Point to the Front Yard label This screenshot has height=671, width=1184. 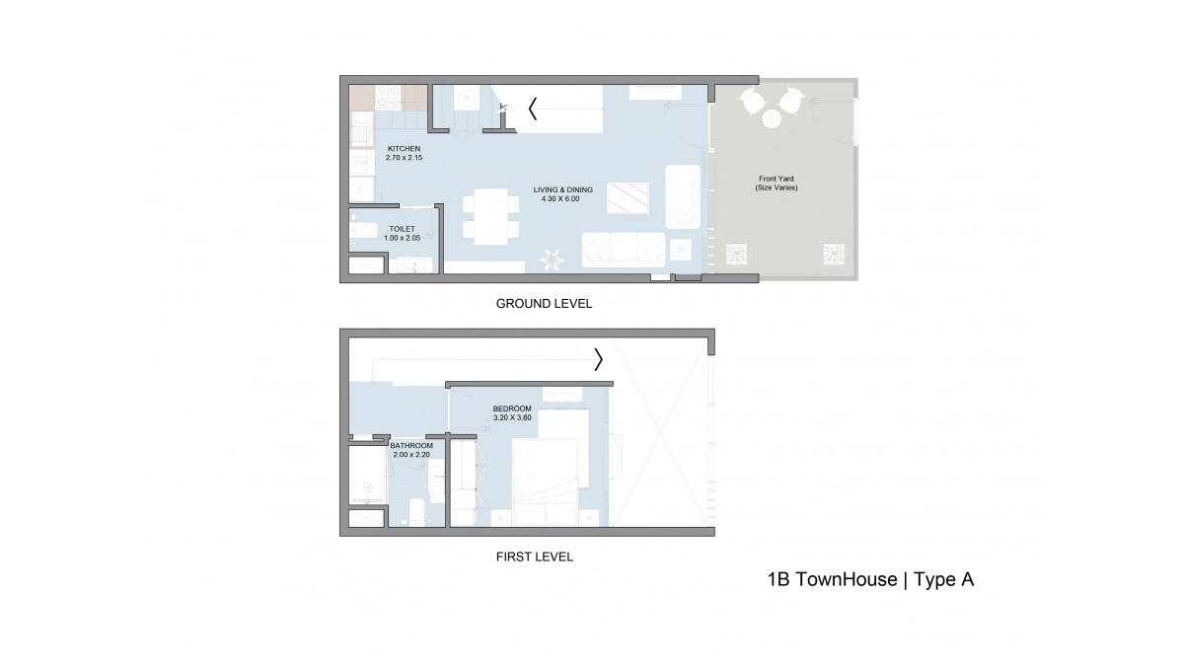pos(776,184)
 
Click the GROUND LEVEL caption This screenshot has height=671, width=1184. pos(544,304)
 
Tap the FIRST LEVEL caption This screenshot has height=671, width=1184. pos(534,557)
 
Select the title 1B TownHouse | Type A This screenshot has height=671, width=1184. pos(870,580)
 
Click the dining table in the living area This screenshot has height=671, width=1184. pos(490,216)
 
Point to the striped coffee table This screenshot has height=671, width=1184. pos(628,197)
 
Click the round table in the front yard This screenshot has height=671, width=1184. pos(771,118)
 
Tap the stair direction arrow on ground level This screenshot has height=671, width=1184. pos(533,109)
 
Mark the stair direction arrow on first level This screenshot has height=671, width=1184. pos(598,360)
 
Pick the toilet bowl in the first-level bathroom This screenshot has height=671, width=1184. pos(416,512)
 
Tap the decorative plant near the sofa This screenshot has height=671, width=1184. pos(550,259)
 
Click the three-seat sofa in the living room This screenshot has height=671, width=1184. pos(623,249)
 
